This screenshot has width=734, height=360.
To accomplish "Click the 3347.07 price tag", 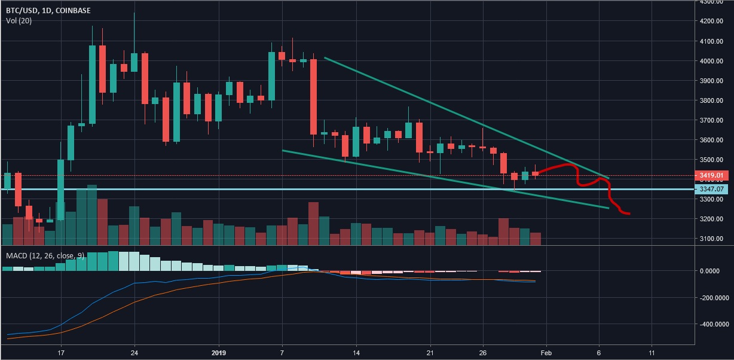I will coord(713,189).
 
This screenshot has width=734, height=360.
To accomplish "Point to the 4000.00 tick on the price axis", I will coord(712,61).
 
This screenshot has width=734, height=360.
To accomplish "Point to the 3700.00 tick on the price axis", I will coord(712,120).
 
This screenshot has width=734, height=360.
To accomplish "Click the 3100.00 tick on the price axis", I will coord(712,239).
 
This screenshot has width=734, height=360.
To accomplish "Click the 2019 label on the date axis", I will coord(219,353).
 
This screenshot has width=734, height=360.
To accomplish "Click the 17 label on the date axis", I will coord(61,353).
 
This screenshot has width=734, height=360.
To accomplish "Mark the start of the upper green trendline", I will coord(325,58).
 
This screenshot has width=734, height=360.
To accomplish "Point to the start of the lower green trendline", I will coord(283,150).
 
